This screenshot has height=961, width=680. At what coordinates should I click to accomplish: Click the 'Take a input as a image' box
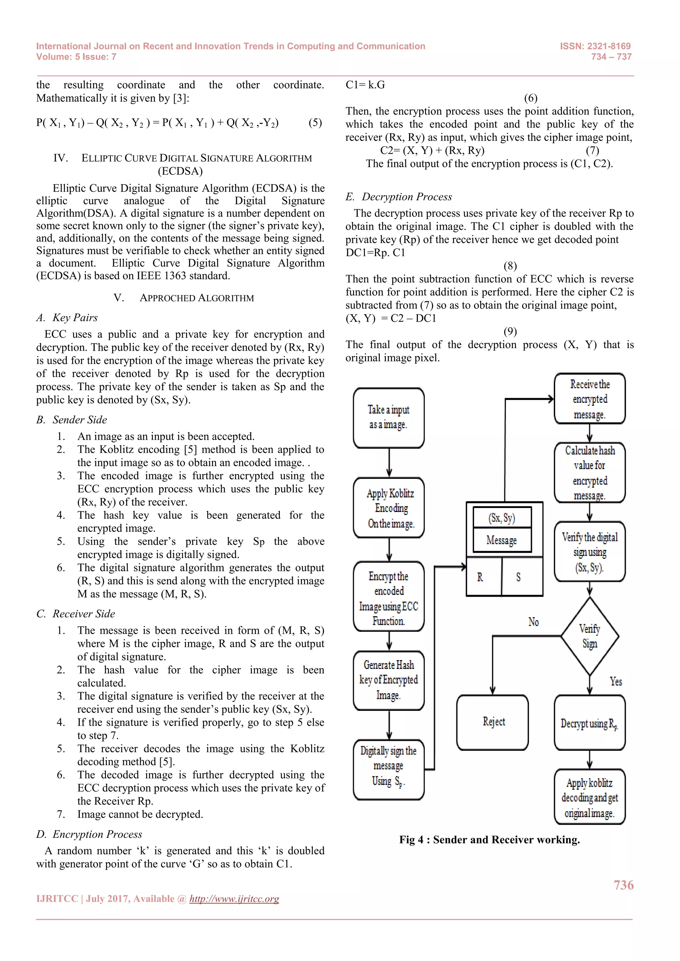tap(388, 418)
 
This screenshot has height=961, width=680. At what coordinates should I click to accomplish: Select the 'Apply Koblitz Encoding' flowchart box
tap(388, 508)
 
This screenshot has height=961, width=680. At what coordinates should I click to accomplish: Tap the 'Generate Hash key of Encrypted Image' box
tap(388, 680)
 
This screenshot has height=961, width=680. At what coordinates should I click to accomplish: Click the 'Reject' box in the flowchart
tap(493, 722)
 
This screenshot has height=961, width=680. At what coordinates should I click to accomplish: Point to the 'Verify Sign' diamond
tap(590, 636)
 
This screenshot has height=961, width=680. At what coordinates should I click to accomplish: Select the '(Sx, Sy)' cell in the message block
tap(502, 518)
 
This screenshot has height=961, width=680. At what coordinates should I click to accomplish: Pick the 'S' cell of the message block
tap(518, 577)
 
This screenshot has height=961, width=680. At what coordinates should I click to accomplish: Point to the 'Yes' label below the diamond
tap(616, 681)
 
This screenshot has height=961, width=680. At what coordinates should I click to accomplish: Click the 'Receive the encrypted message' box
tap(590, 399)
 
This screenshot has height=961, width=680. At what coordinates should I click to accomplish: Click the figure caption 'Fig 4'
tap(489, 840)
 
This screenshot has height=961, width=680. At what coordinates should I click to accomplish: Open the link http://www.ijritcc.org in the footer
tap(234, 899)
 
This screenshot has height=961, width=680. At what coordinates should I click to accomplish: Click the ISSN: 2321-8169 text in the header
tap(595, 46)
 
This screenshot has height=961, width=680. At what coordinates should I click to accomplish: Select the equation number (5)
tap(315, 123)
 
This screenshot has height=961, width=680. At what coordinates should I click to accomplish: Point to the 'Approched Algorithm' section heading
tap(196, 298)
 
